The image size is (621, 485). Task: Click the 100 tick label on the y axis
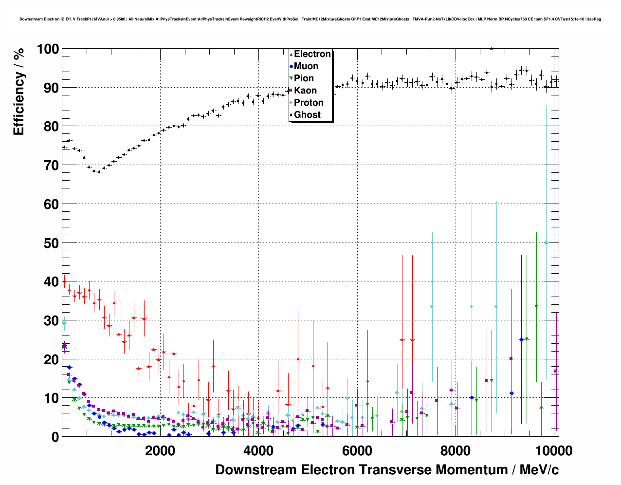tap(48, 49)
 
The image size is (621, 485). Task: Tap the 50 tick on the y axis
tap(51, 243)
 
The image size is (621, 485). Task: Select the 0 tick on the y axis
tap(55, 437)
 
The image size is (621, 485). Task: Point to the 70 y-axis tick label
tap(51, 166)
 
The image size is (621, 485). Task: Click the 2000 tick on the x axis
tap(160, 450)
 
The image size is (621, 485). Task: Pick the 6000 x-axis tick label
tap(357, 450)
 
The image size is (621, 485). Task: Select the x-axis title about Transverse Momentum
tap(387, 470)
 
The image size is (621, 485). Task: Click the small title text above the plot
tap(310, 19)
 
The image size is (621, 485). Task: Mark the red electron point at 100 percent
tap(492, 48)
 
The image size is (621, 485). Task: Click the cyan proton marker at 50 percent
tap(546, 242)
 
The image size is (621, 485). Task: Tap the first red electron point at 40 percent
tap(64, 281)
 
